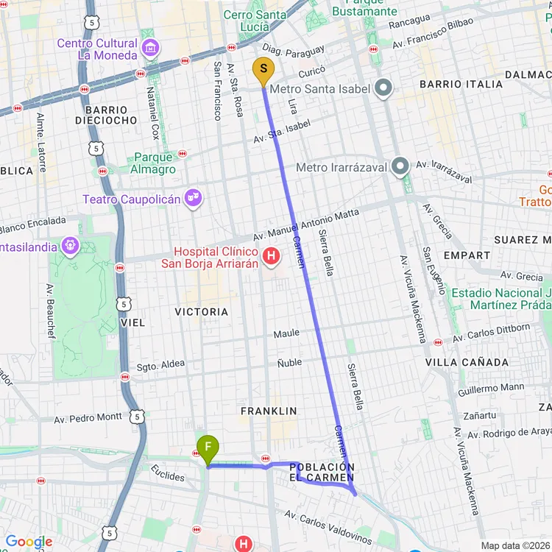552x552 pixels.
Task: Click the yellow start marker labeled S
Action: click(263, 70)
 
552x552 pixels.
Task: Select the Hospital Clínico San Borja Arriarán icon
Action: click(271, 256)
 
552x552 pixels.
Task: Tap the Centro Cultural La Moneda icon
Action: click(150, 49)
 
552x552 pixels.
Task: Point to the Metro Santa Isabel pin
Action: click(383, 89)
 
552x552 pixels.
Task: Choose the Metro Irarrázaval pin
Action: click(400, 167)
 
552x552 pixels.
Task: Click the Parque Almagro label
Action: click(154, 163)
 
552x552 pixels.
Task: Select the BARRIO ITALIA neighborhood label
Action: click(461, 84)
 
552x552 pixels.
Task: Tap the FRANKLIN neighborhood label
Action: click(269, 411)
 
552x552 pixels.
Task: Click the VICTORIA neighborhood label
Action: click(201, 311)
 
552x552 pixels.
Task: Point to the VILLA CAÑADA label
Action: click(467, 362)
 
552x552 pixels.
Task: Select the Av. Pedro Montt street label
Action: click(88, 417)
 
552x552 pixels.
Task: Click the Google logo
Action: click(29, 542)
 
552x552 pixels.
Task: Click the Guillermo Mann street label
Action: click(491, 386)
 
